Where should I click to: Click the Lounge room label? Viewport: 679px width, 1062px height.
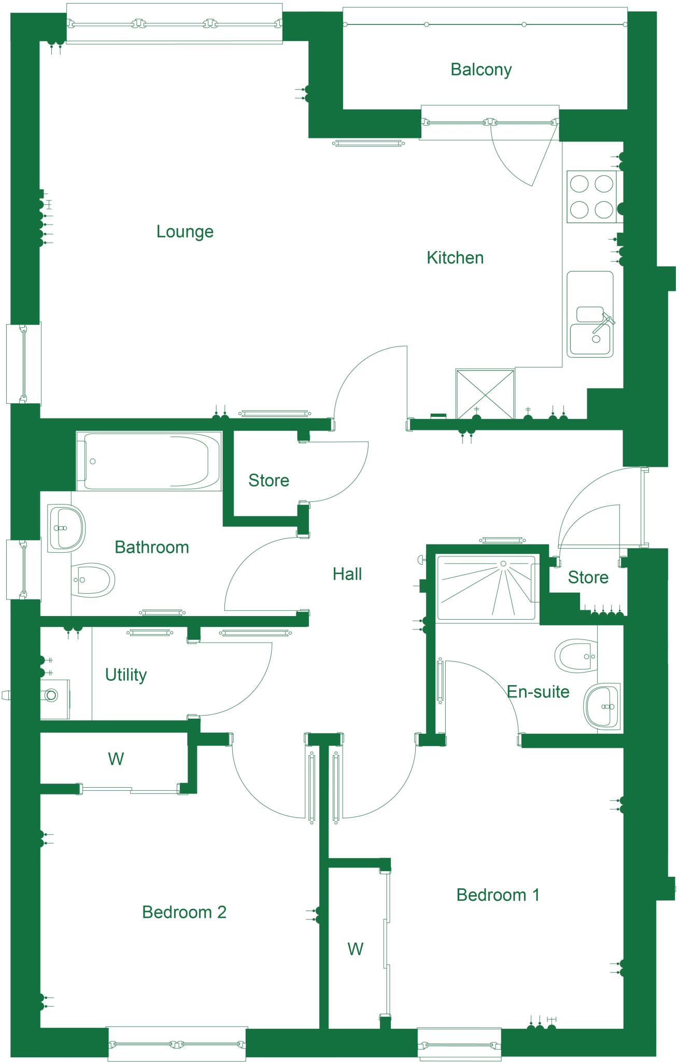coord(185,231)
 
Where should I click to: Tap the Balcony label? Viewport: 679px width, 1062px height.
coord(481,69)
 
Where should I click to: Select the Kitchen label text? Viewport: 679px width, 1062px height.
coord(455,258)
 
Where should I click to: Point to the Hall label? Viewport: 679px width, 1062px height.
coord(347,574)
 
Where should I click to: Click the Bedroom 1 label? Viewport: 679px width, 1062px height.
coord(498,895)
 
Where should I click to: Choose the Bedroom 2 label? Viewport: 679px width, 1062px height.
coord(184,912)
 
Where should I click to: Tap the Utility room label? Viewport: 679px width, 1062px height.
coord(126,675)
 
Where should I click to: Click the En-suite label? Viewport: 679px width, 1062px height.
coord(538,692)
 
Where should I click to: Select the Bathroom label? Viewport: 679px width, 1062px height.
coord(152,547)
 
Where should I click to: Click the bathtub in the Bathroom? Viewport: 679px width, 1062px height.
coord(148,461)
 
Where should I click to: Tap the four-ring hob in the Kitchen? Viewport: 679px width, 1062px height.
coord(591,197)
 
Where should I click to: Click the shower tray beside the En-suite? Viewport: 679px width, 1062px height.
coord(486,587)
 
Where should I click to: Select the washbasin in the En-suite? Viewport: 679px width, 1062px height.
coord(603,706)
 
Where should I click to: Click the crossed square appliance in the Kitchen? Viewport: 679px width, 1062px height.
coord(485,394)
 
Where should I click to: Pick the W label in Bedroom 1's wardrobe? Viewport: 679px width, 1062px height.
coord(355,949)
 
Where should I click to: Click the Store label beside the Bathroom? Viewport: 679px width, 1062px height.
coord(268,481)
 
